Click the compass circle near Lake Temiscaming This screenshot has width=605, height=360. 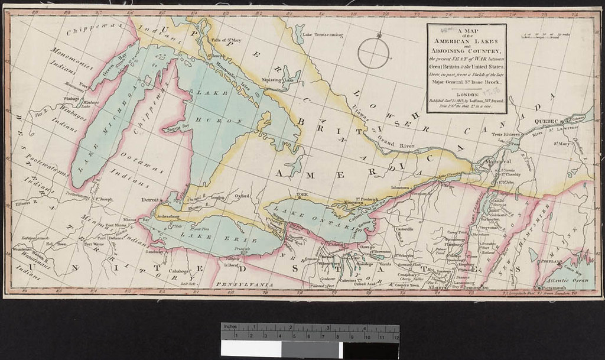(373, 53)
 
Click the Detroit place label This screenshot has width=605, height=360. (151, 200)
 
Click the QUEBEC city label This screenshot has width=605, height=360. (547, 121)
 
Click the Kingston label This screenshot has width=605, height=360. (347, 203)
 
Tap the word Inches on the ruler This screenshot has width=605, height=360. (230, 327)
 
